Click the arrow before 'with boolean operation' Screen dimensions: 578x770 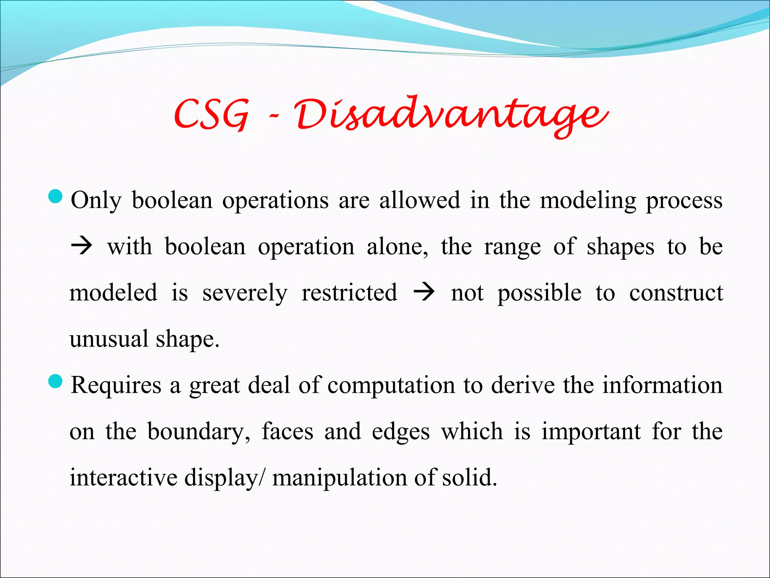click(82, 247)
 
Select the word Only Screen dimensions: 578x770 click(96, 201)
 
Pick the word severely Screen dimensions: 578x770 click(245, 294)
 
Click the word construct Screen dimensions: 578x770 click(676, 293)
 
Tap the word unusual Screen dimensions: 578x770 click(109, 339)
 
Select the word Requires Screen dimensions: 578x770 click(116, 386)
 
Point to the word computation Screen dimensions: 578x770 click(391, 386)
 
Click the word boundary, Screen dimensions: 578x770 click(199, 432)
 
